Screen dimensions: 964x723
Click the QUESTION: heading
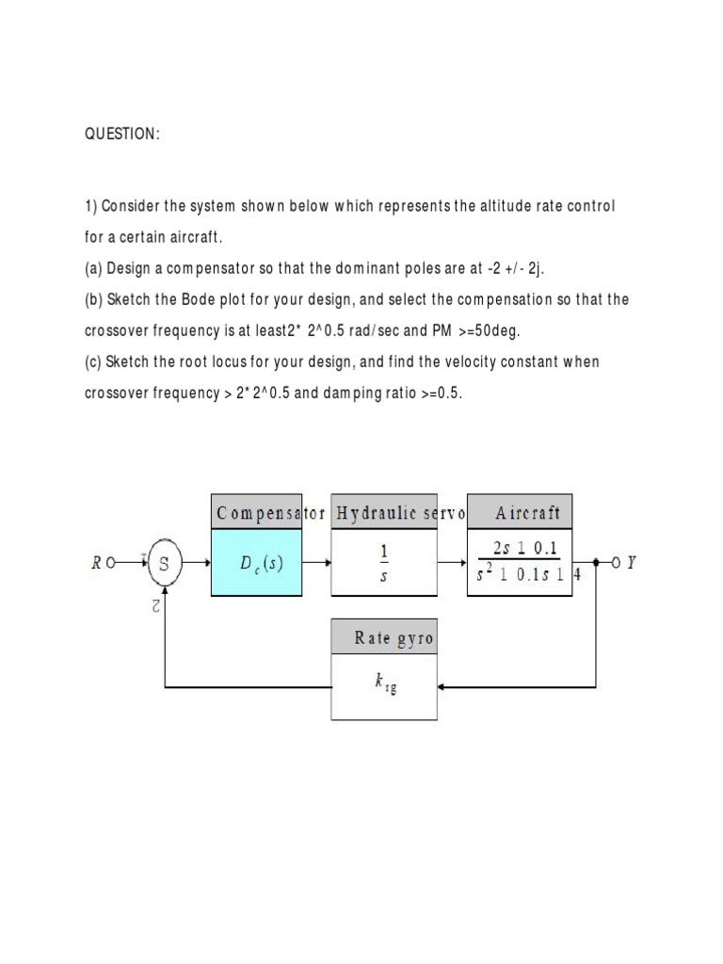coord(122,135)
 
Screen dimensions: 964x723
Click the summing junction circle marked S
coord(165,564)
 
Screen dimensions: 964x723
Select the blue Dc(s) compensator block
coord(268,564)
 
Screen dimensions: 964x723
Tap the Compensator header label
coord(270,513)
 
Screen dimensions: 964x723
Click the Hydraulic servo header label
coord(400,513)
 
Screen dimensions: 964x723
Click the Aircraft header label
coord(527,513)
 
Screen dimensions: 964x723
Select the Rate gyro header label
coord(394,638)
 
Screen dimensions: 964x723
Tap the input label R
coord(97,564)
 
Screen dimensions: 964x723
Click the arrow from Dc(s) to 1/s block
coord(318,564)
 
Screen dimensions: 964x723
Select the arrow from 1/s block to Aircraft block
coord(454,564)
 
